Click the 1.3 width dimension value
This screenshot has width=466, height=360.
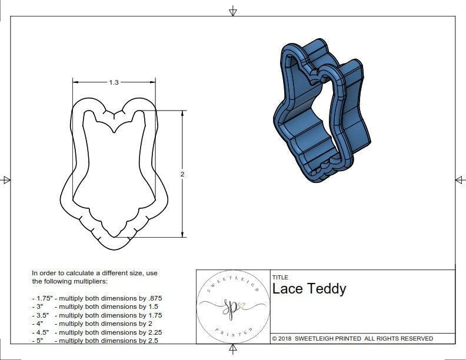pyautogui.click(x=114, y=83)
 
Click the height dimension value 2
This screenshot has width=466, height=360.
pyautogui.click(x=182, y=174)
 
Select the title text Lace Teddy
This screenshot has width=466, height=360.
pyautogui.click(x=309, y=289)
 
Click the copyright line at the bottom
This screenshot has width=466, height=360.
pyautogui.click(x=352, y=338)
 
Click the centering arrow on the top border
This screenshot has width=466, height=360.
pyautogui.click(x=233, y=11)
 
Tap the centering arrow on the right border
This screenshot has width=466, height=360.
pyautogui.click(x=460, y=180)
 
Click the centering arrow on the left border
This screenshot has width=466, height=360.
pyautogui.click(x=6, y=180)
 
